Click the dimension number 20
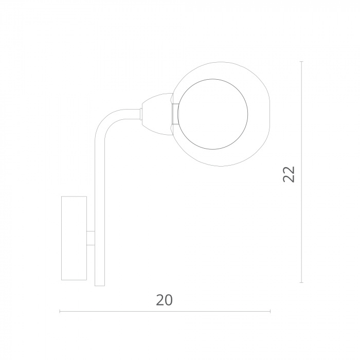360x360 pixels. click(x=164, y=300)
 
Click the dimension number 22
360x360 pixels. click(x=289, y=174)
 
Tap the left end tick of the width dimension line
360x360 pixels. click(x=60, y=311)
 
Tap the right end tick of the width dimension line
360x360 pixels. click(x=270, y=311)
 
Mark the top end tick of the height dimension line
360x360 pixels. click(x=302, y=62)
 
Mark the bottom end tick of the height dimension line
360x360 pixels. click(x=302, y=282)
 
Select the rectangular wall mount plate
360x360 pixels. click(x=74, y=238)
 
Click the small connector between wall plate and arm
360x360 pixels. click(x=91, y=238)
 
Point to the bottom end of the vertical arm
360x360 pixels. click(x=100, y=286)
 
